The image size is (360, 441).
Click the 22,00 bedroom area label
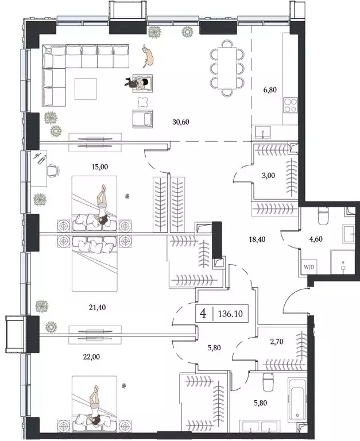[84, 356]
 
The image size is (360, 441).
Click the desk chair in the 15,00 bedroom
[54, 169]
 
